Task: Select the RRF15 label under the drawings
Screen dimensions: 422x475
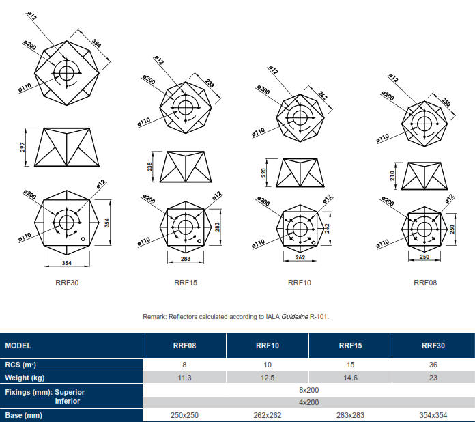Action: pos(186,282)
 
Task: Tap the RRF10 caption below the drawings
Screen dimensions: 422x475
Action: pos(299,282)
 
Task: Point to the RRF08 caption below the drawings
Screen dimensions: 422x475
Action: pos(425,282)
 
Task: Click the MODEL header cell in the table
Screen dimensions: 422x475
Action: pos(18,346)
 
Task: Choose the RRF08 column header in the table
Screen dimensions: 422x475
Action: pos(184,346)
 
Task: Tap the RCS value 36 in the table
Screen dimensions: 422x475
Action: pos(433,365)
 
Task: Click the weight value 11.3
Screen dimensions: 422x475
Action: pos(184,378)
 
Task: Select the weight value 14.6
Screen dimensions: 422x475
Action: pos(350,378)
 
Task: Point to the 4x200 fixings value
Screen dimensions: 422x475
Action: pos(308,402)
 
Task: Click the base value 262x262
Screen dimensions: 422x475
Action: pos(268,414)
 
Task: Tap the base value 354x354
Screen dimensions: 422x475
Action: pos(433,414)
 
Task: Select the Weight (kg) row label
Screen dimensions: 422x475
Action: pos(25,378)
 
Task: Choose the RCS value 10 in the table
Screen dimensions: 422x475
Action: pos(268,365)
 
